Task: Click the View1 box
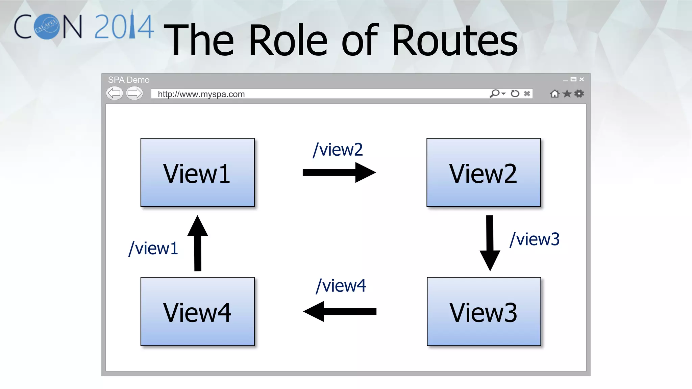tap(197, 172)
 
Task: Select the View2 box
tap(483, 172)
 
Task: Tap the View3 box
tap(484, 311)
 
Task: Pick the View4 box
tap(197, 311)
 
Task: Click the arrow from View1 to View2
tap(339, 173)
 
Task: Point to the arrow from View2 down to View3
tap(490, 242)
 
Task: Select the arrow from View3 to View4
tap(340, 311)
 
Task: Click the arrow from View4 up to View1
tap(198, 243)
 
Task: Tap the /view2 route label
tap(338, 150)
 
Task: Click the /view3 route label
tap(534, 239)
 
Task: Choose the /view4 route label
tap(341, 286)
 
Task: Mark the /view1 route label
tap(153, 248)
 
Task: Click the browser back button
tap(115, 93)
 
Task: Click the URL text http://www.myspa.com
tap(201, 94)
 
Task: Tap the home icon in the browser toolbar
tap(554, 94)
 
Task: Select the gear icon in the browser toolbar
tap(579, 94)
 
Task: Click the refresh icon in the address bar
tap(515, 94)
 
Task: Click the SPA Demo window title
tap(129, 80)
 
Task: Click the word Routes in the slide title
tap(454, 41)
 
